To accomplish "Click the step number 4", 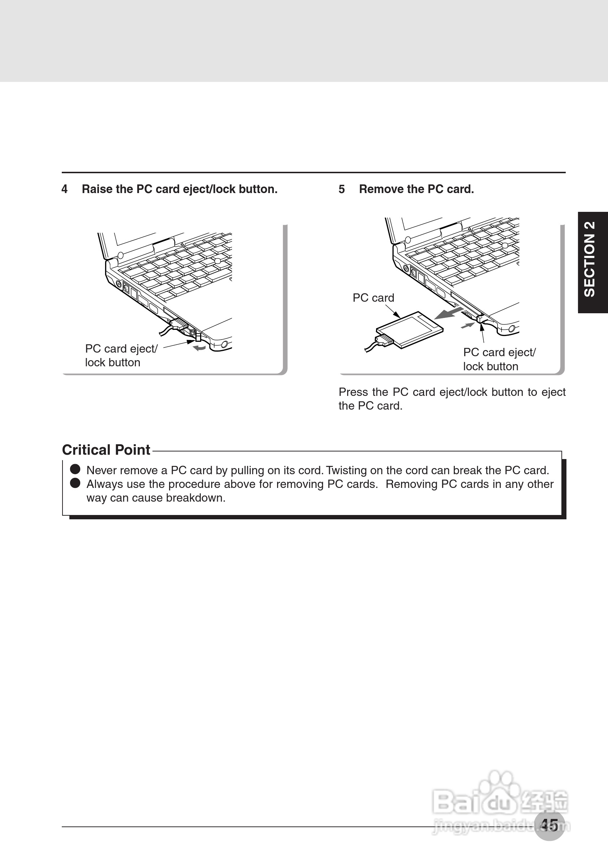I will [x=64, y=189].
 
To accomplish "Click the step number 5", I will [x=341, y=189].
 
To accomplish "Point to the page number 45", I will [x=549, y=825].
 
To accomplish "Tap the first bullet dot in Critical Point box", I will [x=76, y=469].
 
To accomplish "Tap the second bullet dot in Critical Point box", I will [x=76, y=483].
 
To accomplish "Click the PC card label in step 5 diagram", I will [x=373, y=298].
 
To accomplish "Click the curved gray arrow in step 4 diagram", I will [x=199, y=348].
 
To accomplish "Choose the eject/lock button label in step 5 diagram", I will [x=499, y=359].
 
